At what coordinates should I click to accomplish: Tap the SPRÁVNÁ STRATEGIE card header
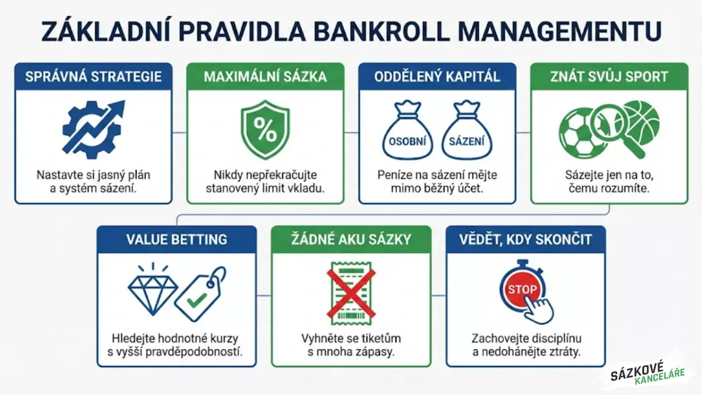click(94, 77)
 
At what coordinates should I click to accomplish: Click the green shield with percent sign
click(265, 130)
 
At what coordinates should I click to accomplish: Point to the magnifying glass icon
click(614, 126)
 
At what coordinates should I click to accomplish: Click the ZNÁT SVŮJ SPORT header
click(609, 77)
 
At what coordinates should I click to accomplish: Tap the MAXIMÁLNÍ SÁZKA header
click(265, 77)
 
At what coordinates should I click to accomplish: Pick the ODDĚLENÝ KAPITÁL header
click(437, 77)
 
